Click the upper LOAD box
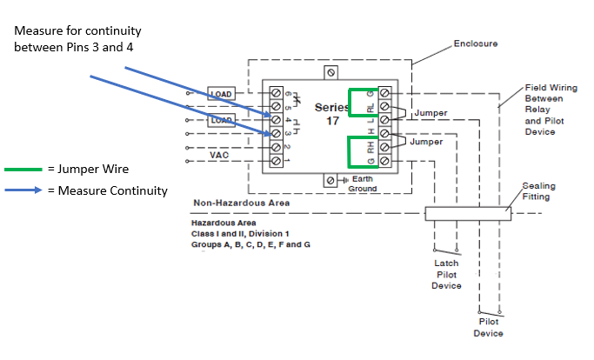pos(220,92)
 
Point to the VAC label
pos(220,154)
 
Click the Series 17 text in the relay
pos(332,113)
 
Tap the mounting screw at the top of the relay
pos(330,71)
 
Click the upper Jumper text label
pos(430,113)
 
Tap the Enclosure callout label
pos(475,43)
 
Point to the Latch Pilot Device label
pos(447,274)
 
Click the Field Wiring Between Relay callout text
pos(547,110)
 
